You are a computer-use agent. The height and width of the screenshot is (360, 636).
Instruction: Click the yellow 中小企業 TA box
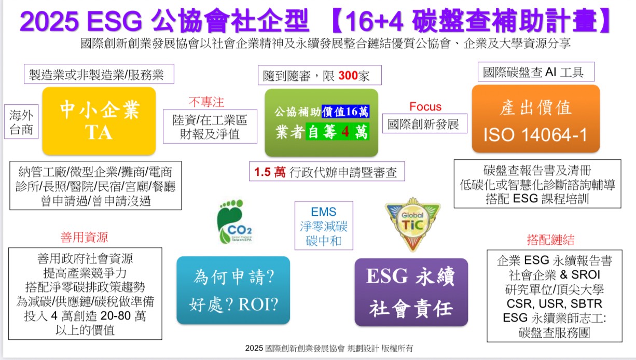tap(99, 121)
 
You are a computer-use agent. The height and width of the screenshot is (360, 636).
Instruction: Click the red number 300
tap(348, 76)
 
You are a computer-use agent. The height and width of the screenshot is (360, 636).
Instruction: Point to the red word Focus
tap(425, 107)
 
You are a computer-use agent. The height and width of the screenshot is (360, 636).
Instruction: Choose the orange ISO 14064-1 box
tap(536, 119)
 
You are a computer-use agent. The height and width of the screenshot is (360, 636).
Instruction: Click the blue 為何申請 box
tap(233, 290)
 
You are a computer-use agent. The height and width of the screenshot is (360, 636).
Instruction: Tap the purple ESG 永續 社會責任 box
tap(411, 292)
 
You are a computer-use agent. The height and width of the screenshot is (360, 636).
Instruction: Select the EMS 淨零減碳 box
tap(324, 226)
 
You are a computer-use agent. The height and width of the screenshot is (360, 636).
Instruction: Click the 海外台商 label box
tap(21, 121)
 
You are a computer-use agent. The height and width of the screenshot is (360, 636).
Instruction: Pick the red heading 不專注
tap(206, 102)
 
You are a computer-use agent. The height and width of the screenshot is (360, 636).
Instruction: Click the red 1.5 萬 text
tap(270, 172)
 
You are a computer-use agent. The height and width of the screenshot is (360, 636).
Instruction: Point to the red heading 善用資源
tap(84, 237)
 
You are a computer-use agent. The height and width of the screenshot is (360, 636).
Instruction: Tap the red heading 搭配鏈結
tap(550, 239)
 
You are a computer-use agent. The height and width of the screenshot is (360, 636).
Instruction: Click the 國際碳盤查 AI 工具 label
tap(536, 72)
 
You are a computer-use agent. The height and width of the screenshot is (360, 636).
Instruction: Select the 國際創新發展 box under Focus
tap(425, 123)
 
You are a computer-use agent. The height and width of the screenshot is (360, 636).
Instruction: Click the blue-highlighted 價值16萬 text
tap(345, 112)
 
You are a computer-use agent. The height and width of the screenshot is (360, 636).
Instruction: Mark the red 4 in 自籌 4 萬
tap(345, 132)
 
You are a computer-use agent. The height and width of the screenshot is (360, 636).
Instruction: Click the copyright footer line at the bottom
tap(329, 348)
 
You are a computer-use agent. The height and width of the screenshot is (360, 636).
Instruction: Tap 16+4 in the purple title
tap(374, 21)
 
